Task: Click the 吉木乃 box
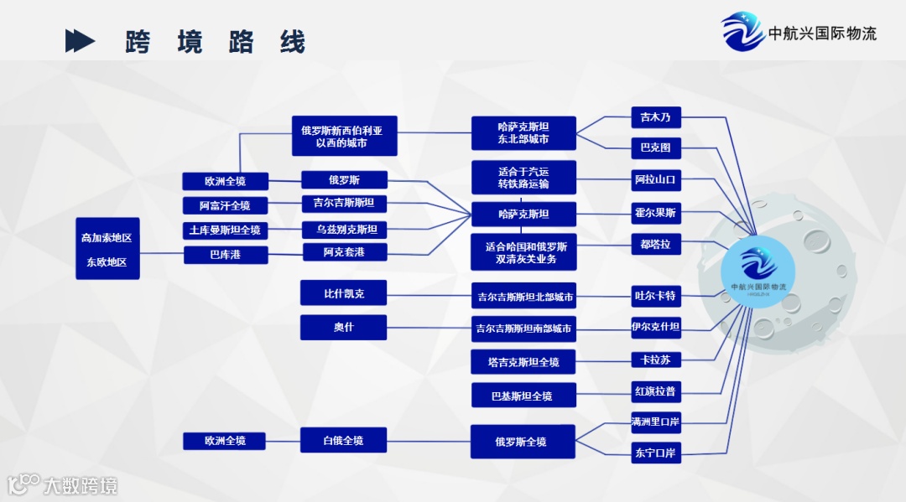pyautogui.click(x=655, y=117)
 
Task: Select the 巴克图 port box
pyautogui.click(x=655, y=147)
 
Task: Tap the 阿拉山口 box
pyautogui.click(x=655, y=179)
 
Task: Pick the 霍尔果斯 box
pyautogui.click(x=655, y=213)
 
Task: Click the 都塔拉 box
pyautogui.click(x=655, y=245)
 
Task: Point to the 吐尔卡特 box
pyautogui.click(x=655, y=296)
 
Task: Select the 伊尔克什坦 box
pyautogui.click(x=655, y=327)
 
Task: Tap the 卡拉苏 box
pyautogui.click(x=655, y=360)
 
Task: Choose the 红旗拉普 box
pyautogui.click(x=655, y=391)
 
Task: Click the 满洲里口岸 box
pyautogui.click(x=655, y=421)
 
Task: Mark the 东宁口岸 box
pyautogui.click(x=655, y=453)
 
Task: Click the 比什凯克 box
pyautogui.click(x=344, y=293)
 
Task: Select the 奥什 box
pyautogui.click(x=344, y=327)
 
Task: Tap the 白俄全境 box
pyautogui.click(x=344, y=440)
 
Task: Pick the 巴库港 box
pyautogui.click(x=225, y=255)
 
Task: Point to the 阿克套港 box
pyautogui.click(x=344, y=252)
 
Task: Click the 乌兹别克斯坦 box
pyautogui.click(x=344, y=230)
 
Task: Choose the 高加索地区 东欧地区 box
pyautogui.click(x=107, y=249)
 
